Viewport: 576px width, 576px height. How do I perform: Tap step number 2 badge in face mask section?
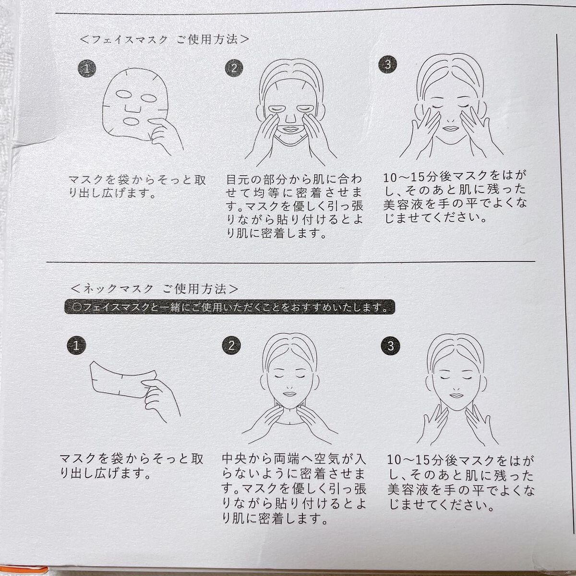point(234,68)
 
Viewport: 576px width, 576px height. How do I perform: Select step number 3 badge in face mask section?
point(388,64)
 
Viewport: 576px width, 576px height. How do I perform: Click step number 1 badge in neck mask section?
point(76,346)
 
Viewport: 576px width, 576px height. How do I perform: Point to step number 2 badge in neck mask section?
point(231,346)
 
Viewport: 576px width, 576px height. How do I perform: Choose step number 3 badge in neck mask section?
point(390,346)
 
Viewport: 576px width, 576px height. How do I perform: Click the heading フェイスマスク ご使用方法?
point(165,40)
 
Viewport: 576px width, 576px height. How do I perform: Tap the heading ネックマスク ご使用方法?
point(155,289)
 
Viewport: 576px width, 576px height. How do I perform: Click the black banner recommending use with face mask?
point(229,307)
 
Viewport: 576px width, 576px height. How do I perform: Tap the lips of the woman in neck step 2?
point(289,394)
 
